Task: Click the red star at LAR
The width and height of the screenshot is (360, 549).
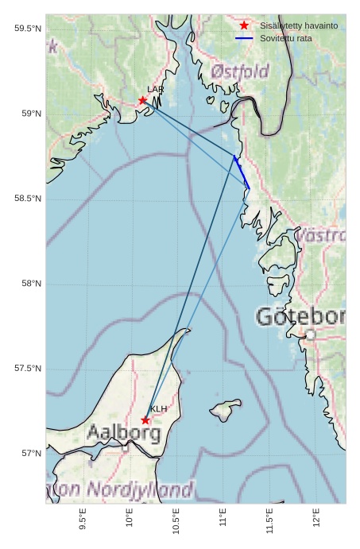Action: coord(143,100)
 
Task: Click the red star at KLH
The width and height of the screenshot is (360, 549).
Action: coord(145,420)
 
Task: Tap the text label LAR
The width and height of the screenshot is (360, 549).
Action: coord(155,90)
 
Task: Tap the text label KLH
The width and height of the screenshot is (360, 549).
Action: coord(159,409)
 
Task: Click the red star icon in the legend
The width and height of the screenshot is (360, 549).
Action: coord(244,25)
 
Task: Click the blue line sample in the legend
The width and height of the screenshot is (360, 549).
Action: coord(244,38)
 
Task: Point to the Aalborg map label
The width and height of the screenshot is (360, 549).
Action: coord(123,434)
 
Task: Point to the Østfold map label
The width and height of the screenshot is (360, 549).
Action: coord(240,72)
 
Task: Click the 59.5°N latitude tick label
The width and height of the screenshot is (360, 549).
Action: coord(28,29)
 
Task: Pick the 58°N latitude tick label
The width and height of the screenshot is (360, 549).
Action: coord(31,284)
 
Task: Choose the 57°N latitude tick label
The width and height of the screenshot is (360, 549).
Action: coord(31,454)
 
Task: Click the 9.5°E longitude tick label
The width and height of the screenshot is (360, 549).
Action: coord(83,520)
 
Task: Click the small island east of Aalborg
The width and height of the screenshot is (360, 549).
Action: coord(226,412)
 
